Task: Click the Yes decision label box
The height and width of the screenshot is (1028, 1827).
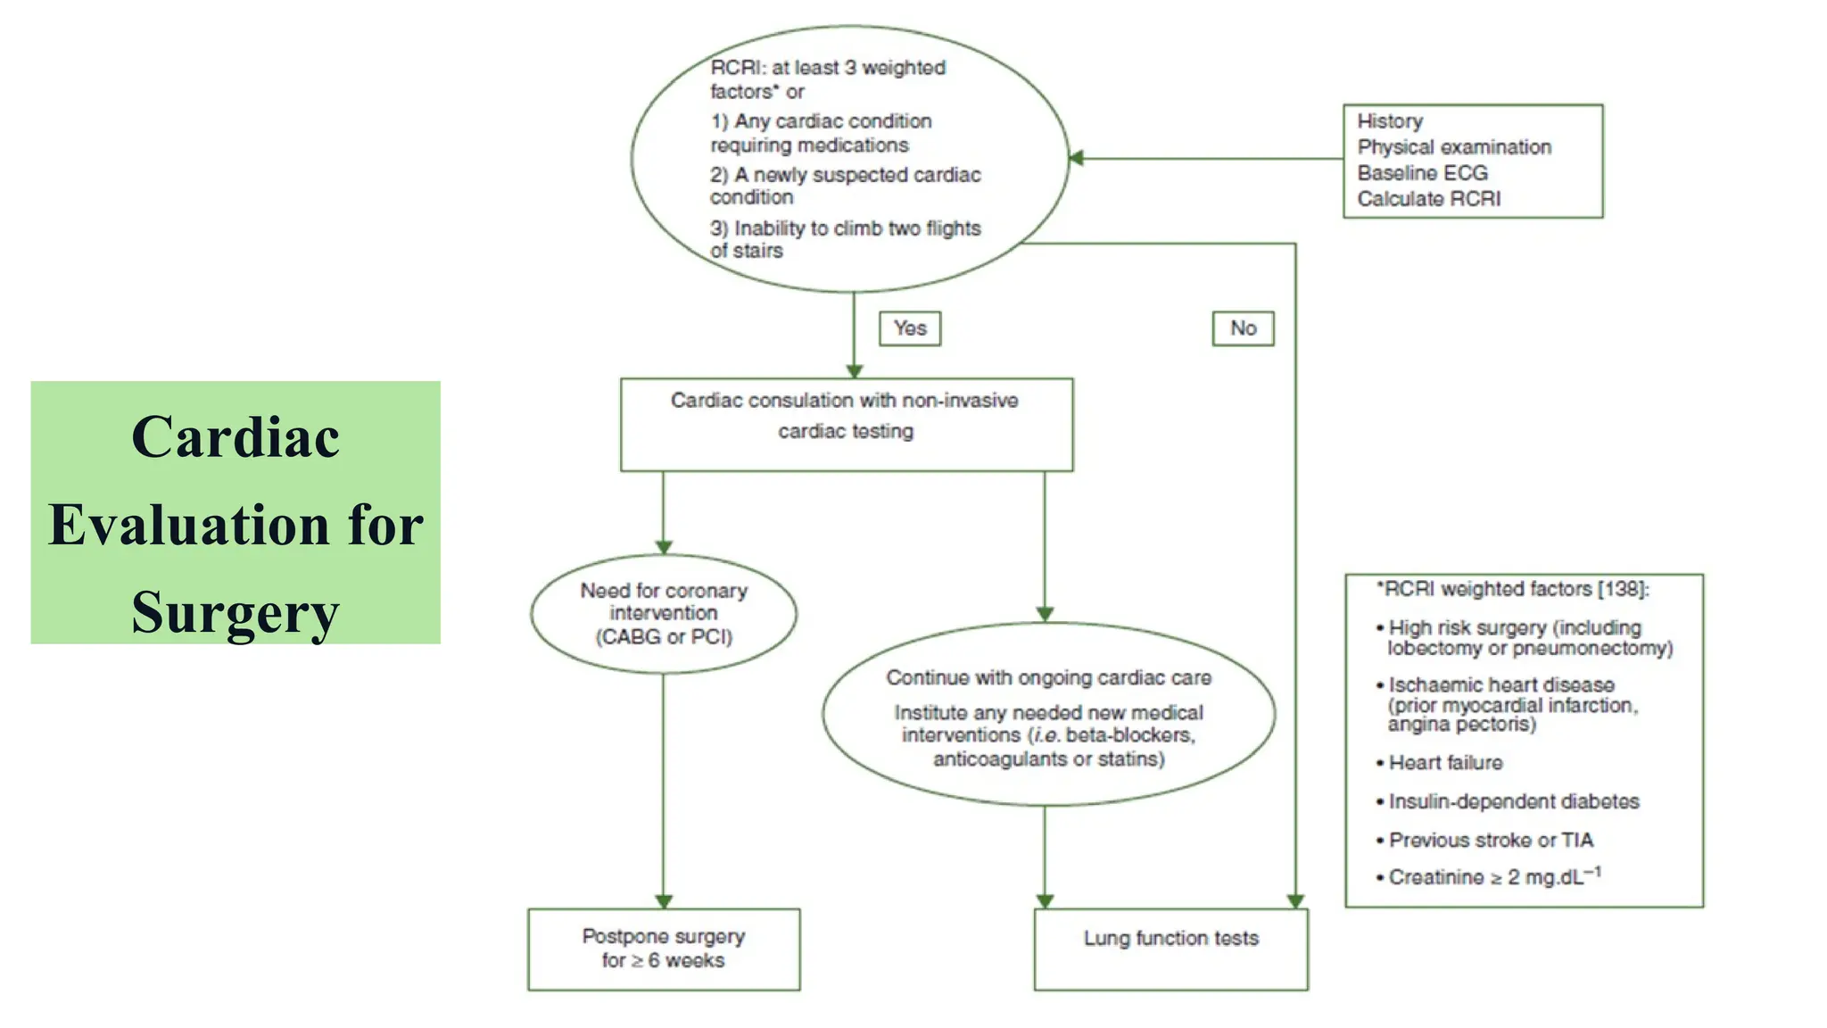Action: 909,328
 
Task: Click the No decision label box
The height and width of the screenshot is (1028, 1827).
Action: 1242,328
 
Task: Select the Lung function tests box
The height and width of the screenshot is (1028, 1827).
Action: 1170,949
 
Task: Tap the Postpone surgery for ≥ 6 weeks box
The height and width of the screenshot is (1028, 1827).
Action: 663,949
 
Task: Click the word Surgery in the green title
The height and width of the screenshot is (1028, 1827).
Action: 236,612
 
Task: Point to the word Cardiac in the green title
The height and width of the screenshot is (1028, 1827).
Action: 236,437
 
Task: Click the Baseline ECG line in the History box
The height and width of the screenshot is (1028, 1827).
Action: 1422,173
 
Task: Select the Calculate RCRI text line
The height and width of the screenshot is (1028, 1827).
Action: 1428,199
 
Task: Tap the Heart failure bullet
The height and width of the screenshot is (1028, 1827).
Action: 1445,763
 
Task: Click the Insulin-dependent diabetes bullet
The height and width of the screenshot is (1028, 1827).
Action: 1513,801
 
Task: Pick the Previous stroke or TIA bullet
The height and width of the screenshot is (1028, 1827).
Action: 1490,840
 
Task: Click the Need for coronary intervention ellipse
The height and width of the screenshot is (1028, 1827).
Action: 663,613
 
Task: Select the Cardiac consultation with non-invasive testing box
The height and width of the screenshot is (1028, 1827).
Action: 846,424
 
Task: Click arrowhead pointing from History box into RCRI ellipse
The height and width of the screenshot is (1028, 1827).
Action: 1077,158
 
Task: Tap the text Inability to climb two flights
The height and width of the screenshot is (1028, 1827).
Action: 856,228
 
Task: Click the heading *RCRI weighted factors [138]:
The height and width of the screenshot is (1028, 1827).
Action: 1513,589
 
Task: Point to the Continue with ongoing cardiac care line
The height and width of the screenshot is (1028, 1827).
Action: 1048,678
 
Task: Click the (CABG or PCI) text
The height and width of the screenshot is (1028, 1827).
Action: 664,637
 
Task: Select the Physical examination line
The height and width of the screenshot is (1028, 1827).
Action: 1454,147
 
